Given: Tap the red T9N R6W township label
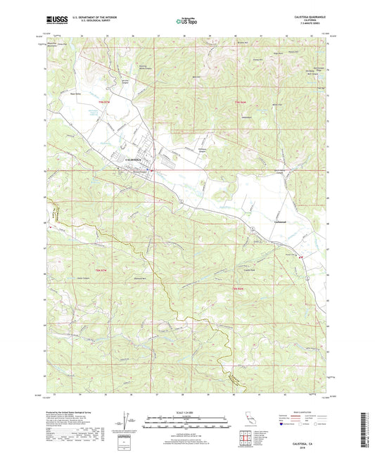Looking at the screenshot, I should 240,103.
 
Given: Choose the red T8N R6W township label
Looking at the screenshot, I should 239,288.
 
